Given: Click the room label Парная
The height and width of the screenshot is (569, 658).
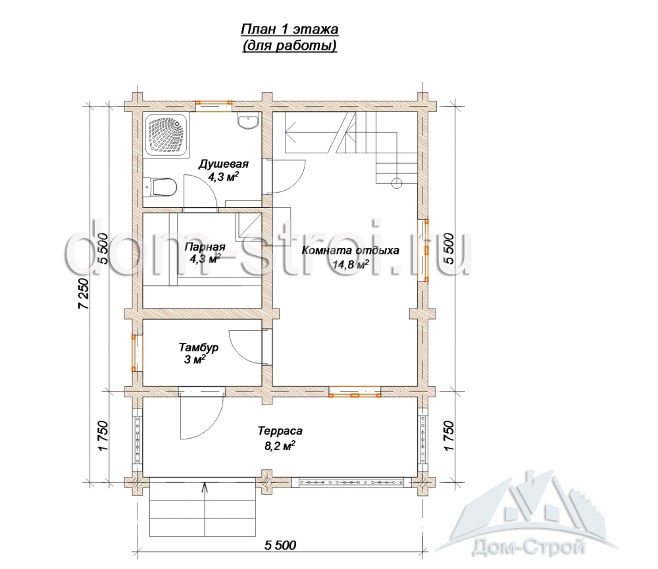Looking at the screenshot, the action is point(205,247).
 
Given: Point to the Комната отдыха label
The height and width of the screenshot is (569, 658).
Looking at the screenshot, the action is point(351,251).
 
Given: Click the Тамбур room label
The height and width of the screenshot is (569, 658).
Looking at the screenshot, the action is point(199,347).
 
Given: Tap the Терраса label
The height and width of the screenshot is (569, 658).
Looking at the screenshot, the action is point(280,431).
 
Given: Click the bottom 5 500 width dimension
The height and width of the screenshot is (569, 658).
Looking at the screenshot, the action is point(280,545).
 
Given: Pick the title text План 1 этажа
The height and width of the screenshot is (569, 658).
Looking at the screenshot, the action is point(290,30).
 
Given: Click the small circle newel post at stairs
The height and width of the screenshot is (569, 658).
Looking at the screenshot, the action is point(397,183).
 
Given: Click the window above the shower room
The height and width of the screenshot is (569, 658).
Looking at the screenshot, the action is point(214,106).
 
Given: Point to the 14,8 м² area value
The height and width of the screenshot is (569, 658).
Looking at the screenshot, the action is point(351,264).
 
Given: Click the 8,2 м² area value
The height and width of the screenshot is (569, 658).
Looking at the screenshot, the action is point(280,445).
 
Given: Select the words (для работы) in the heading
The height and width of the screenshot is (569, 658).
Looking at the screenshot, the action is point(290,46).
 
